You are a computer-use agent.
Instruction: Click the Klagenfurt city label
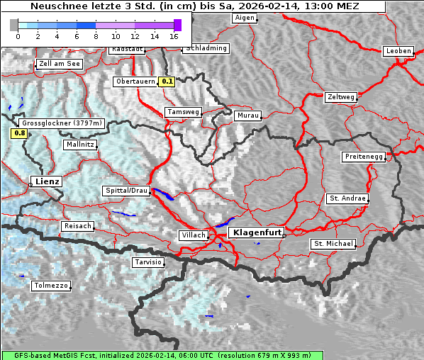[258, 232]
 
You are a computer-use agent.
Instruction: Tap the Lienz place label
[46, 181]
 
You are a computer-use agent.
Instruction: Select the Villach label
[193, 235]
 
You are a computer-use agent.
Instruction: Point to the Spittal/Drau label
[126, 191]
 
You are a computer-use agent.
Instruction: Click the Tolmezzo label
[51, 286]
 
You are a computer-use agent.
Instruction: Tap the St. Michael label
[333, 244]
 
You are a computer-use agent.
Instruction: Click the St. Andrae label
[347, 198]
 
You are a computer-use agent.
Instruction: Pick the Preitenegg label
[364, 157]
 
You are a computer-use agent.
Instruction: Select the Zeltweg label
[341, 97]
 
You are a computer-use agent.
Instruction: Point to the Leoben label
[398, 51]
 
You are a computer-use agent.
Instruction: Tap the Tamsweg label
[184, 112]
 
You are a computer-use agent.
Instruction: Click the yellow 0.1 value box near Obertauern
[167, 81]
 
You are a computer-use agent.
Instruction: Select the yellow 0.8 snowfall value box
[19, 133]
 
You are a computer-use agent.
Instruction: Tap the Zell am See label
[60, 64]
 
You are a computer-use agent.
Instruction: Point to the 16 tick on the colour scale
[174, 35]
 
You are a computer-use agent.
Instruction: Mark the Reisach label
[78, 226]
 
